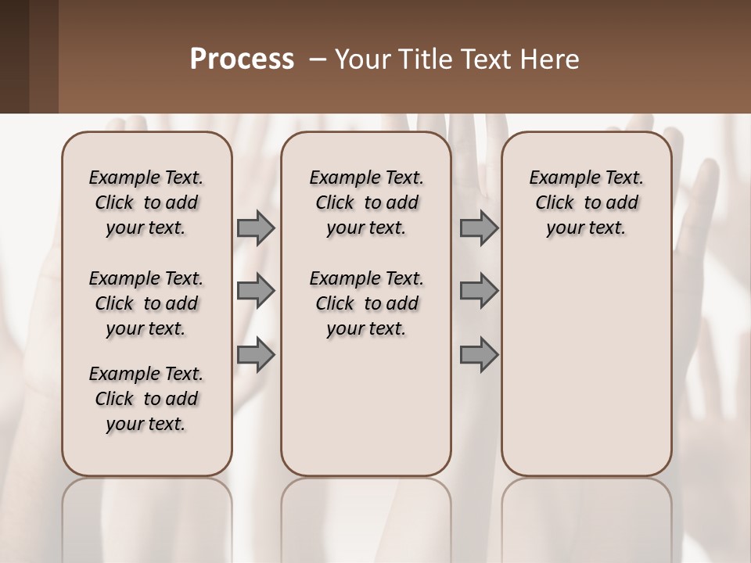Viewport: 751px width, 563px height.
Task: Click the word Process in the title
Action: click(x=242, y=59)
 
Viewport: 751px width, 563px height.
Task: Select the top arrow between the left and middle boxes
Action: click(x=256, y=228)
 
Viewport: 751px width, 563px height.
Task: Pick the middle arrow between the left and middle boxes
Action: click(x=256, y=292)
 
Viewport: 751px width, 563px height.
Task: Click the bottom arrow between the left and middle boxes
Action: click(x=256, y=355)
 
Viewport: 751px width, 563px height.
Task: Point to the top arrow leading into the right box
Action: click(x=479, y=228)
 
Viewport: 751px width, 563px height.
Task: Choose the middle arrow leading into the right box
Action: click(x=479, y=292)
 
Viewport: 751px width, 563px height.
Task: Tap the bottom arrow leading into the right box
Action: click(x=479, y=355)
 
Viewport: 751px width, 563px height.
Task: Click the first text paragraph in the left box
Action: click(x=146, y=203)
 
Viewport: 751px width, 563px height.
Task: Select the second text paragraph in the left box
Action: click(x=146, y=303)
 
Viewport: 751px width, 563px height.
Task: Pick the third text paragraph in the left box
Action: click(x=146, y=399)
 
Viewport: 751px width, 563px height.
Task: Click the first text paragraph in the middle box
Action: click(x=366, y=203)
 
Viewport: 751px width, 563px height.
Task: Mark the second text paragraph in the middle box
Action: click(x=366, y=303)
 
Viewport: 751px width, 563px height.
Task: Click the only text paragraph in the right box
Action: click(x=587, y=203)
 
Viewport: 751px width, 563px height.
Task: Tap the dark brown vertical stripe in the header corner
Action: click(x=14, y=56)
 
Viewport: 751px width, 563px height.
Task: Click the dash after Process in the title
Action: click(x=318, y=59)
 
